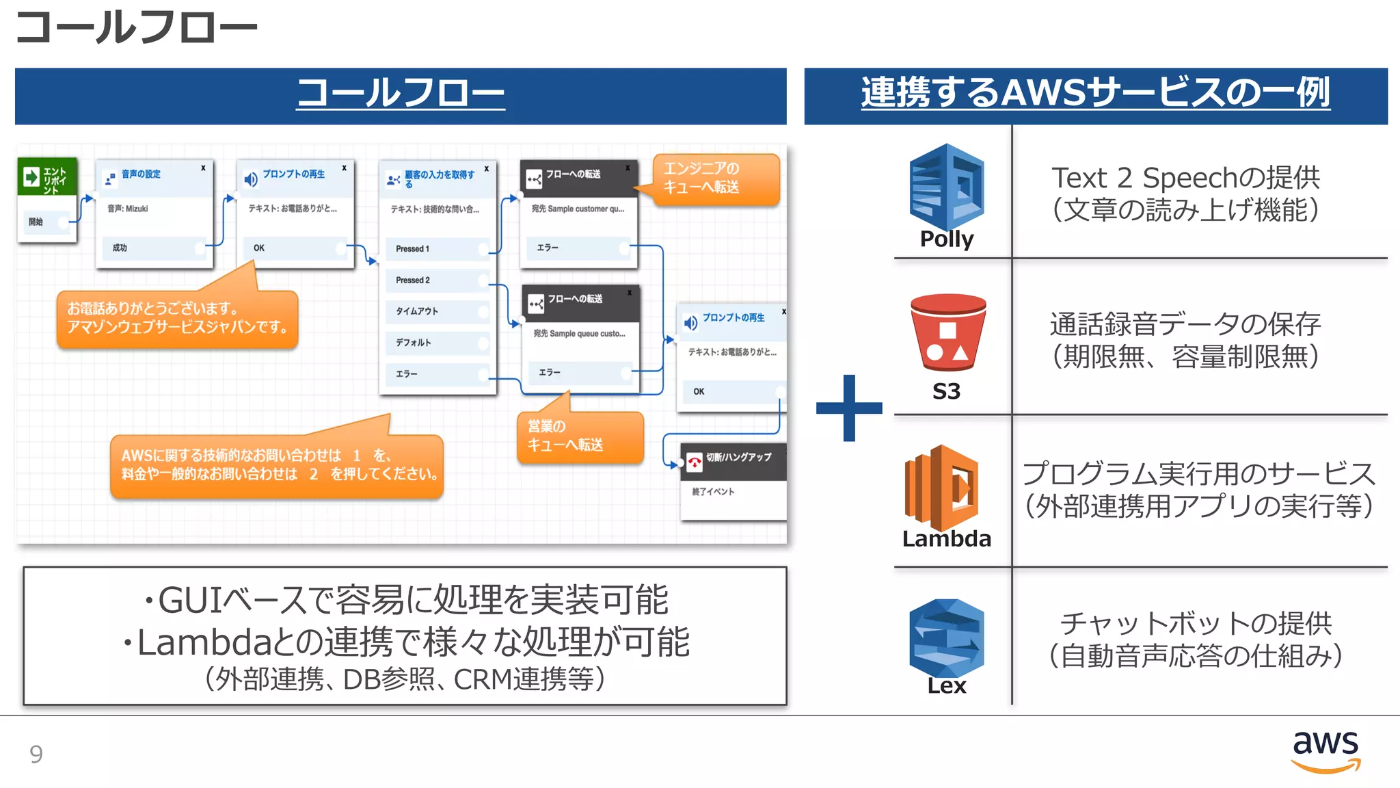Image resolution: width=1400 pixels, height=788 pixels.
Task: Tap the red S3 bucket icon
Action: click(x=947, y=333)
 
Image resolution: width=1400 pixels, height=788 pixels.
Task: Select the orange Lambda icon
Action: click(x=943, y=486)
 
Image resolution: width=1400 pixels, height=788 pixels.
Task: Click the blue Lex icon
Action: click(x=946, y=638)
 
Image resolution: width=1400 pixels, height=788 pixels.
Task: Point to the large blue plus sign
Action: click(x=849, y=408)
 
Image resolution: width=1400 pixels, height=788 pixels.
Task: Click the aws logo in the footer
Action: click(x=1325, y=750)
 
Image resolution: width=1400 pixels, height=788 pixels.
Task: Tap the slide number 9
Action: click(x=36, y=754)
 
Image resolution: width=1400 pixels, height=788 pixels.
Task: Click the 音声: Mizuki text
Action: click(x=128, y=209)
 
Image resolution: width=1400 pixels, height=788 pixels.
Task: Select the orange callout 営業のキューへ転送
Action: click(x=580, y=436)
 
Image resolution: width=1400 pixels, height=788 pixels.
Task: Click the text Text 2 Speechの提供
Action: click(x=1185, y=178)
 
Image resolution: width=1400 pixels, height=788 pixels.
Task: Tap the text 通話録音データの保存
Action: click(x=1185, y=324)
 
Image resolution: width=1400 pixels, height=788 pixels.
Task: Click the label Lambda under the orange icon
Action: click(x=946, y=538)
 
